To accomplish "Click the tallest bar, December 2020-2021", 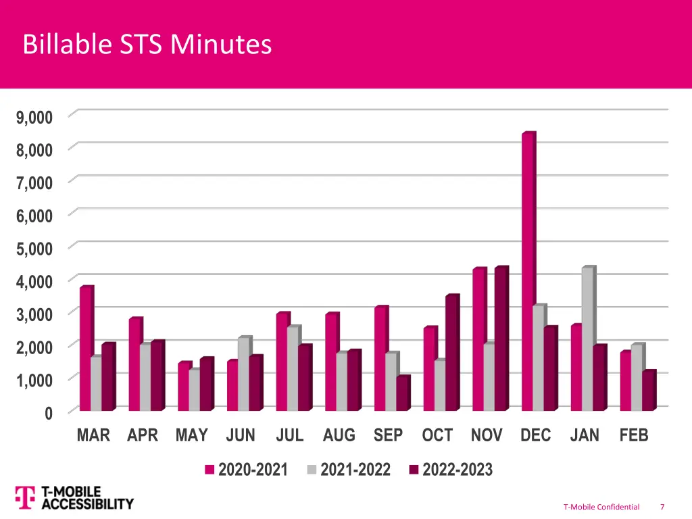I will [x=527, y=270].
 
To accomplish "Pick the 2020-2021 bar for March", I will [x=85, y=349].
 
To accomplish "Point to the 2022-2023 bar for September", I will [x=402, y=393].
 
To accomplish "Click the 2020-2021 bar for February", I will [x=626, y=381].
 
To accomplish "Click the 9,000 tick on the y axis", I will [x=34, y=117].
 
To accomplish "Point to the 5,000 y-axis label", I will [x=34, y=248].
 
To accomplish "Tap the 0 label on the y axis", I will [x=48, y=413].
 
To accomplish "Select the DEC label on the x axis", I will [x=535, y=436].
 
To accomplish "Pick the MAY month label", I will [x=191, y=436].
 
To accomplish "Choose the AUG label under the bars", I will [x=339, y=436].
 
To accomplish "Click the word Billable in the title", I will [x=59, y=45].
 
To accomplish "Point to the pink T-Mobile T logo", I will [x=25, y=497].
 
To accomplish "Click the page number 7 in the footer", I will [x=662, y=507].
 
